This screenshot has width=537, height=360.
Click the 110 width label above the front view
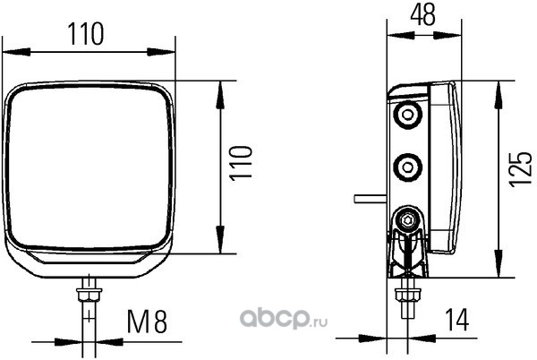(x=87, y=34)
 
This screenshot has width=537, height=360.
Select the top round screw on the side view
(x=408, y=116)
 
